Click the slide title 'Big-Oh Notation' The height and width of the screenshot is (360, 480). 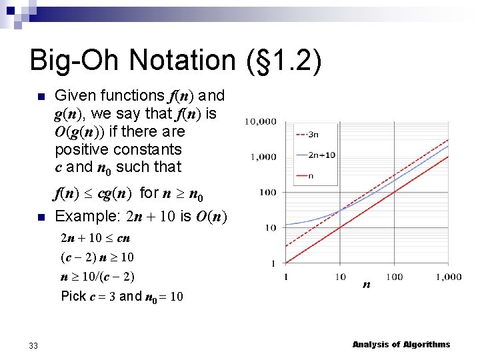[x=130, y=60]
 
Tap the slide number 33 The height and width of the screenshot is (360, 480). [x=33, y=345]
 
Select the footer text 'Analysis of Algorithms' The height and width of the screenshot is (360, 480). [x=401, y=345]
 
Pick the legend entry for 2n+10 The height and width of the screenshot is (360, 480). [x=321, y=155]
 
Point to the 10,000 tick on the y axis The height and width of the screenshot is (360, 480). [x=261, y=121]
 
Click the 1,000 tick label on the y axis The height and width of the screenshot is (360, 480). [x=263, y=157]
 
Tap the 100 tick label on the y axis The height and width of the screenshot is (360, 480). [x=268, y=193]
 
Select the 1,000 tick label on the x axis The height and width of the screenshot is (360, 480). [x=447, y=276]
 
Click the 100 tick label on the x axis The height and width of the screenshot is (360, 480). [x=395, y=276]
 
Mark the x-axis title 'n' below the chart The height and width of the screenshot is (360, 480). [x=367, y=285]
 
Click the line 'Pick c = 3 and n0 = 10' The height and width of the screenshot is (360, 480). [x=122, y=295]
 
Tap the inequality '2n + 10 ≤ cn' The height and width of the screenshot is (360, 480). [x=95, y=238]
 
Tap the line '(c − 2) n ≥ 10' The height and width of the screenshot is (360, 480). [x=97, y=257]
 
